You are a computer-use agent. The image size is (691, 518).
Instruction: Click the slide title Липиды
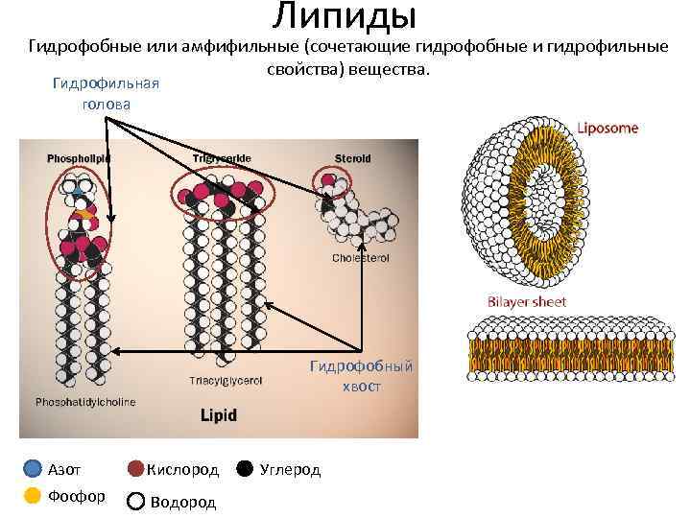point(344,16)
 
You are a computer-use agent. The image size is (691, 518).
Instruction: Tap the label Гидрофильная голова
point(106,93)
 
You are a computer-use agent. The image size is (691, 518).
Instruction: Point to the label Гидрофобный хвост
point(361,375)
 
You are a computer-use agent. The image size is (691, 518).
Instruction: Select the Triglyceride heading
point(215,157)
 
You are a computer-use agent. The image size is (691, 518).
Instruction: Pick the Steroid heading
point(351,157)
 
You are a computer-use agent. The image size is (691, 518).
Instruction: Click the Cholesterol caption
point(360,258)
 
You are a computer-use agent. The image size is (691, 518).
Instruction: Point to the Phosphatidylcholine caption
point(85,401)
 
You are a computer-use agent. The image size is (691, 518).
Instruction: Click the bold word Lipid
point(218,415)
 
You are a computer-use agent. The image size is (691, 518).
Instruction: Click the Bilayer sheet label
point(527,302)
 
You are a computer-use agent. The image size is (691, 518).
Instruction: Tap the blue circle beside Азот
point(33,469)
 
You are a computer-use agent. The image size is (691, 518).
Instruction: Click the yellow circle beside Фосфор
point(33,496)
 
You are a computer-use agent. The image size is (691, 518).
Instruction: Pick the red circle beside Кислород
point(136,469)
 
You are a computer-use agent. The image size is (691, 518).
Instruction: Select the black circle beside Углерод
point(245,469)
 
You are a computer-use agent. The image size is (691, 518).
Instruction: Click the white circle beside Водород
point(136,501)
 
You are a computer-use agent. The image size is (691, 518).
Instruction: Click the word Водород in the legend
point(183,501)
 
